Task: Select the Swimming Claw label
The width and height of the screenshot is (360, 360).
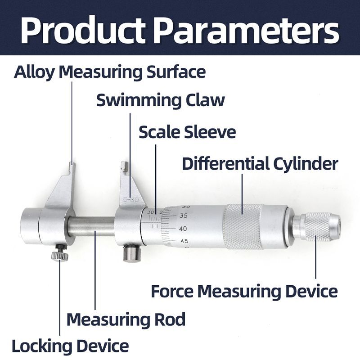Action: click(x=160, y=100)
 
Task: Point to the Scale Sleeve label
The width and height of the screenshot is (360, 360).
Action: click(x=187, y=132)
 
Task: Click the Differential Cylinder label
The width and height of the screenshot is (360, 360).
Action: click(x=260, y=164)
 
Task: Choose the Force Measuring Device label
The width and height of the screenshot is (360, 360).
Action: click(x=244, y=291)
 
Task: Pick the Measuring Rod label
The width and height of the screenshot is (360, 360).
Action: click(x=126, y=319)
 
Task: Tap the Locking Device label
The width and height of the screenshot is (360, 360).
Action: click(x=70, y=346)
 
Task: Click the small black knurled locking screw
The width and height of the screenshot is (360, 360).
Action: click(x=59, y=256)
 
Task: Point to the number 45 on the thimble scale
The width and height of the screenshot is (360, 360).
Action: click(x=184, y=241)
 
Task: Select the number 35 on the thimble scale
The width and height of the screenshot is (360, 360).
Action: click(x=184, y=216)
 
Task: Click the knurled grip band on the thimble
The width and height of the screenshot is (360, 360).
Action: click(x=243, y=226)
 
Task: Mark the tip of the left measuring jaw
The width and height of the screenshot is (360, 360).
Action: click(x=72, y=166)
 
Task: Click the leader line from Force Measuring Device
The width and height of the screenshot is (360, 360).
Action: click(x=315, y=261)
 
